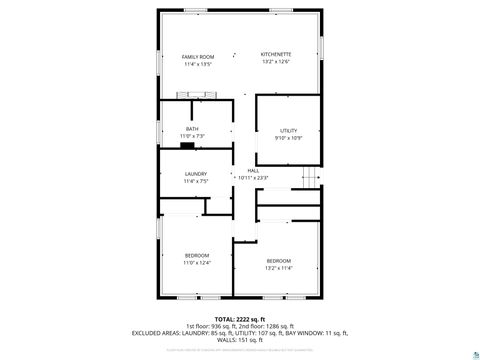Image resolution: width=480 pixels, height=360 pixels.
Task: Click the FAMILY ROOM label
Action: (x=198, y=57)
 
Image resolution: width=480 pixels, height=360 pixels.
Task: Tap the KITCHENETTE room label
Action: (x=277, y=54)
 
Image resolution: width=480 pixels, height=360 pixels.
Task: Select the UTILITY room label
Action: (x=288, y=131)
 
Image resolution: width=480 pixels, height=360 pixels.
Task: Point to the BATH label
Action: (x=192, y=129)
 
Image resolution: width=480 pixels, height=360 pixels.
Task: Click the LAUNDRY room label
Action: (x=195, y=174)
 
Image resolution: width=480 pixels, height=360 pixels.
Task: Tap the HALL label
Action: (x=253, y=171)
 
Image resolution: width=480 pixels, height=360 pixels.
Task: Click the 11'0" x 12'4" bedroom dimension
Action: (x=196, y=263)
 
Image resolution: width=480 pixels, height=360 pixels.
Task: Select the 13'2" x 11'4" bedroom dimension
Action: (x=278, y=268)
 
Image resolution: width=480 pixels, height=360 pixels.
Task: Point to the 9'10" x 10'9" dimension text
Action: (x=288, y=138)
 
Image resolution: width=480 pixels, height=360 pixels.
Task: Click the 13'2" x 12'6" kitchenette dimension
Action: (x=277, y=61)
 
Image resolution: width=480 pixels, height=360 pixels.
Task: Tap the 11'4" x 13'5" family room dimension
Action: (x=198, y=64)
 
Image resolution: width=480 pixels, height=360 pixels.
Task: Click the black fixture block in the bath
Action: (x=186, y=145)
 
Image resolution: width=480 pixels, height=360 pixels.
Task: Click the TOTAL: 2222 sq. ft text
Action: (x=240, y=318)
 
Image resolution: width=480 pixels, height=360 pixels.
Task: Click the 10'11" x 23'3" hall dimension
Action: (x=253, y=178)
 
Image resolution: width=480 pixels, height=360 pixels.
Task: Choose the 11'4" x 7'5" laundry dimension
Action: (x=195, y=181)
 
